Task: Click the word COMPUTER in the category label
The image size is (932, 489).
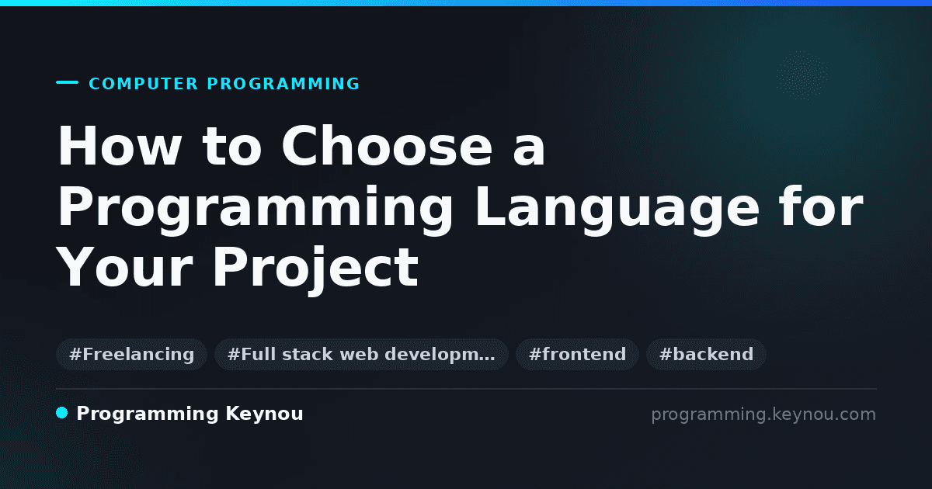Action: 144,84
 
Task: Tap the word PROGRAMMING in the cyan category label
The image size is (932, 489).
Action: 283,84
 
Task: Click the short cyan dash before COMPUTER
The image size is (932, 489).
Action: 67,82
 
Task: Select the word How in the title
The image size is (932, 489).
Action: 120,146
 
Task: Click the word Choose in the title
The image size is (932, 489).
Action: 387,146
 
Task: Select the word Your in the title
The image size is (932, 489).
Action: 125,267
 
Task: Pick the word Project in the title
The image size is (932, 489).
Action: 316,269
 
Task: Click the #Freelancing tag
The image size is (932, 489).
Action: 131,354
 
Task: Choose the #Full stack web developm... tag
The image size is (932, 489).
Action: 361,354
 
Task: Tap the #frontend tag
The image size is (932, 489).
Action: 577,354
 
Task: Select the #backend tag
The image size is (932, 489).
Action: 706,354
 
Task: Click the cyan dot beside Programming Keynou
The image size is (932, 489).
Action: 62,413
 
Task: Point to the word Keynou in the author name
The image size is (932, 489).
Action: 264,414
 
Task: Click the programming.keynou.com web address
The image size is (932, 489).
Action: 763,414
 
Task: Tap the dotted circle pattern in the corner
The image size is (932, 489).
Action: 802,75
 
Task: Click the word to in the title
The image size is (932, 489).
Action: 232,147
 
